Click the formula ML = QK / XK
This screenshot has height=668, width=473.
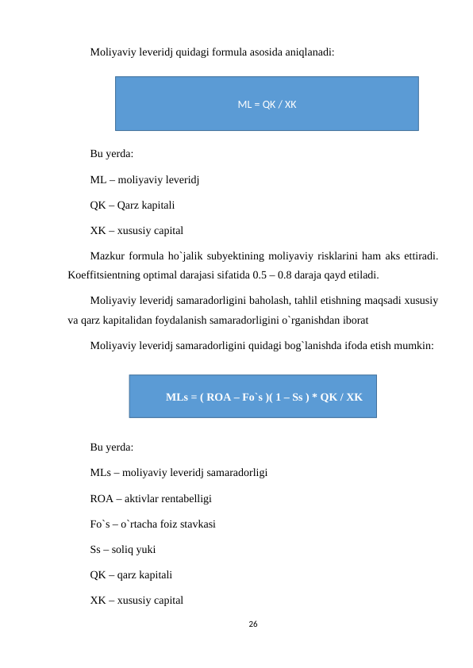click(x=267, y=104)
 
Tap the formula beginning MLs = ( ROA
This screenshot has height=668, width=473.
click(x=263, y=397)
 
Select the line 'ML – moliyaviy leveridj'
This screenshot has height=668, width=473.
click(x=144, y=180)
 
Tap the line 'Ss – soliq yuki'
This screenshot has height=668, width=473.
click(x=123, y=549)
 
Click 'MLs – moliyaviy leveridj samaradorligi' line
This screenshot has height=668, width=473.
click(x=179, y=474)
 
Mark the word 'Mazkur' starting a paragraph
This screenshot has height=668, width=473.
click(x=108, y=256)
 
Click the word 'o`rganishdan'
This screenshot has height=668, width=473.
click(x=302, y=323)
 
